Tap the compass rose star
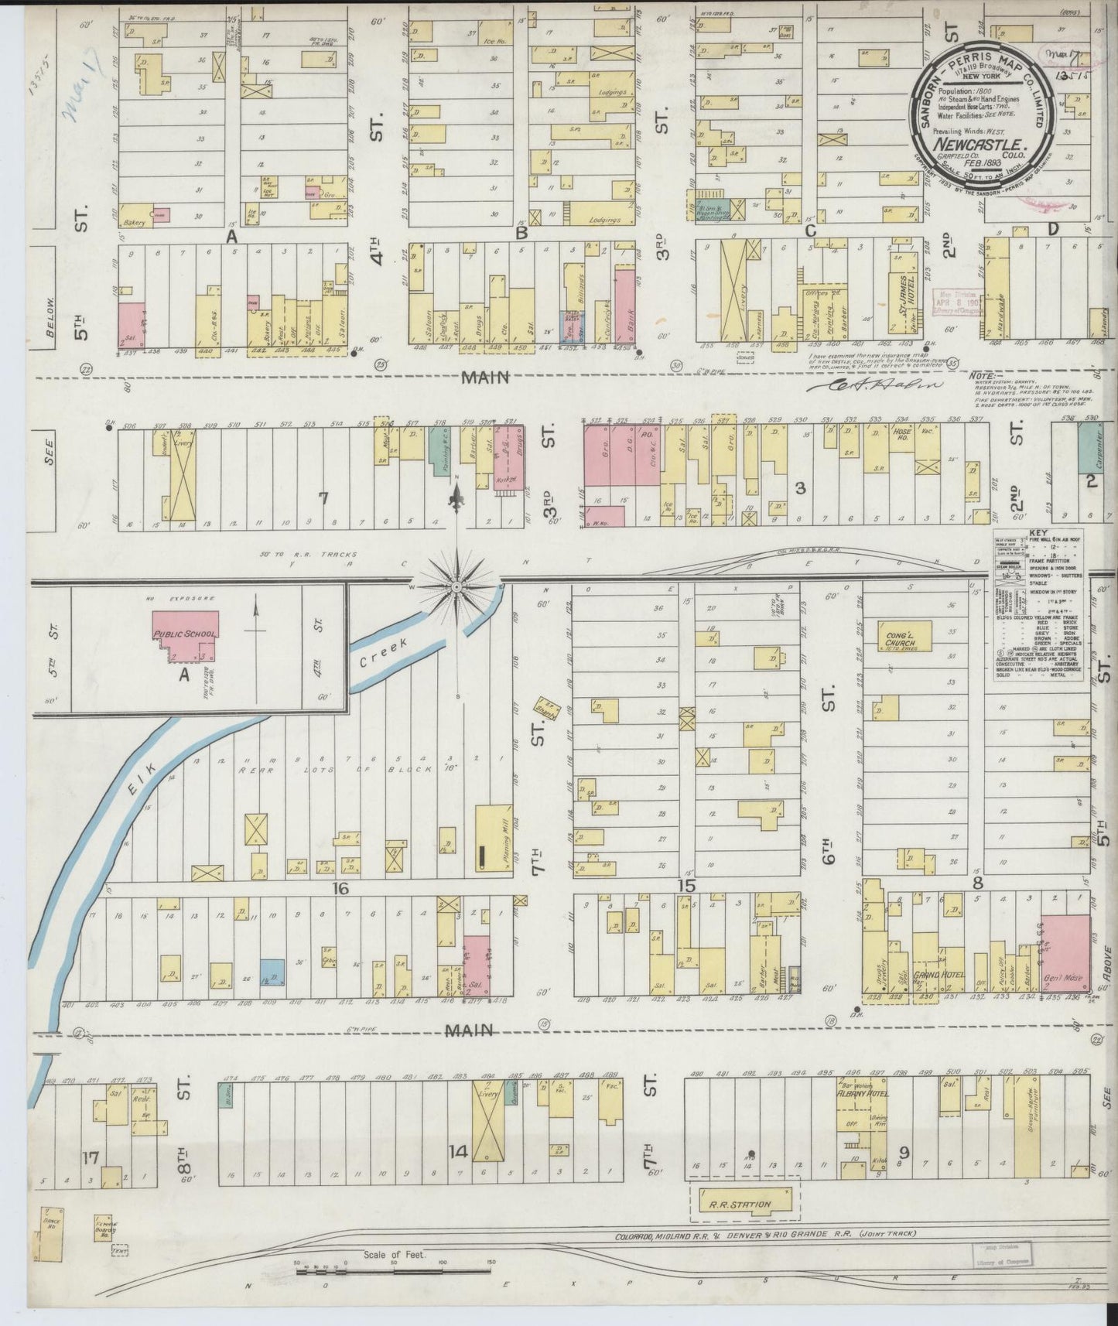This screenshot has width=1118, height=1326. (457, 587)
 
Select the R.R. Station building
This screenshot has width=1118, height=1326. (743, 1205)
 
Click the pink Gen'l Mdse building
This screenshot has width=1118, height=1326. (1066, 952)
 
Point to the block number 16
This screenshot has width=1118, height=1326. (341, 889)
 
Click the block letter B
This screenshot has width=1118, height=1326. (521, 232)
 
